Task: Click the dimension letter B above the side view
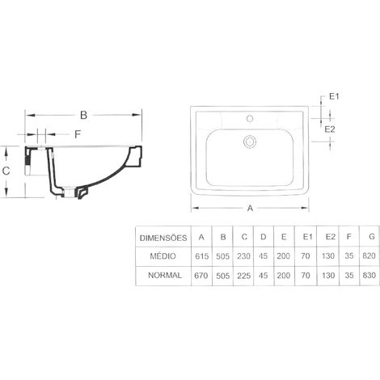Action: pos(84,115)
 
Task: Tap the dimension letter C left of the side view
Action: pos(6,171)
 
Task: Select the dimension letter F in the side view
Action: pos(78,134)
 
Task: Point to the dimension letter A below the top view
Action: pos(250,208)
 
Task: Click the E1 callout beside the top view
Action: pos(334,96)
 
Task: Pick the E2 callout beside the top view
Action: pos(330,129)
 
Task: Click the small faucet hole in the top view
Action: pos(250,118)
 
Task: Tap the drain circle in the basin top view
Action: pos(250,141)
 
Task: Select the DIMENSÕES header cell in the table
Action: pos(163,238)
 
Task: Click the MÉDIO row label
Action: pos(163,256)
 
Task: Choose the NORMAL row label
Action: pos(165,275)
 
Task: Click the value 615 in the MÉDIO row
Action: pos(202,256)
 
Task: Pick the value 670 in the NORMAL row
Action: pos(201,276)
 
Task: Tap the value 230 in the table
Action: pos(243,256)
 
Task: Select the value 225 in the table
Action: pos(243,276)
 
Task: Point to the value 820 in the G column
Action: pos(369,255)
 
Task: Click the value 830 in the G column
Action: pos(369,275)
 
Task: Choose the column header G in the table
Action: pos(372,237)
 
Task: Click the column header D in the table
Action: pos(264,237)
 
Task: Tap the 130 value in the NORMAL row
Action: pos(328,275)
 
